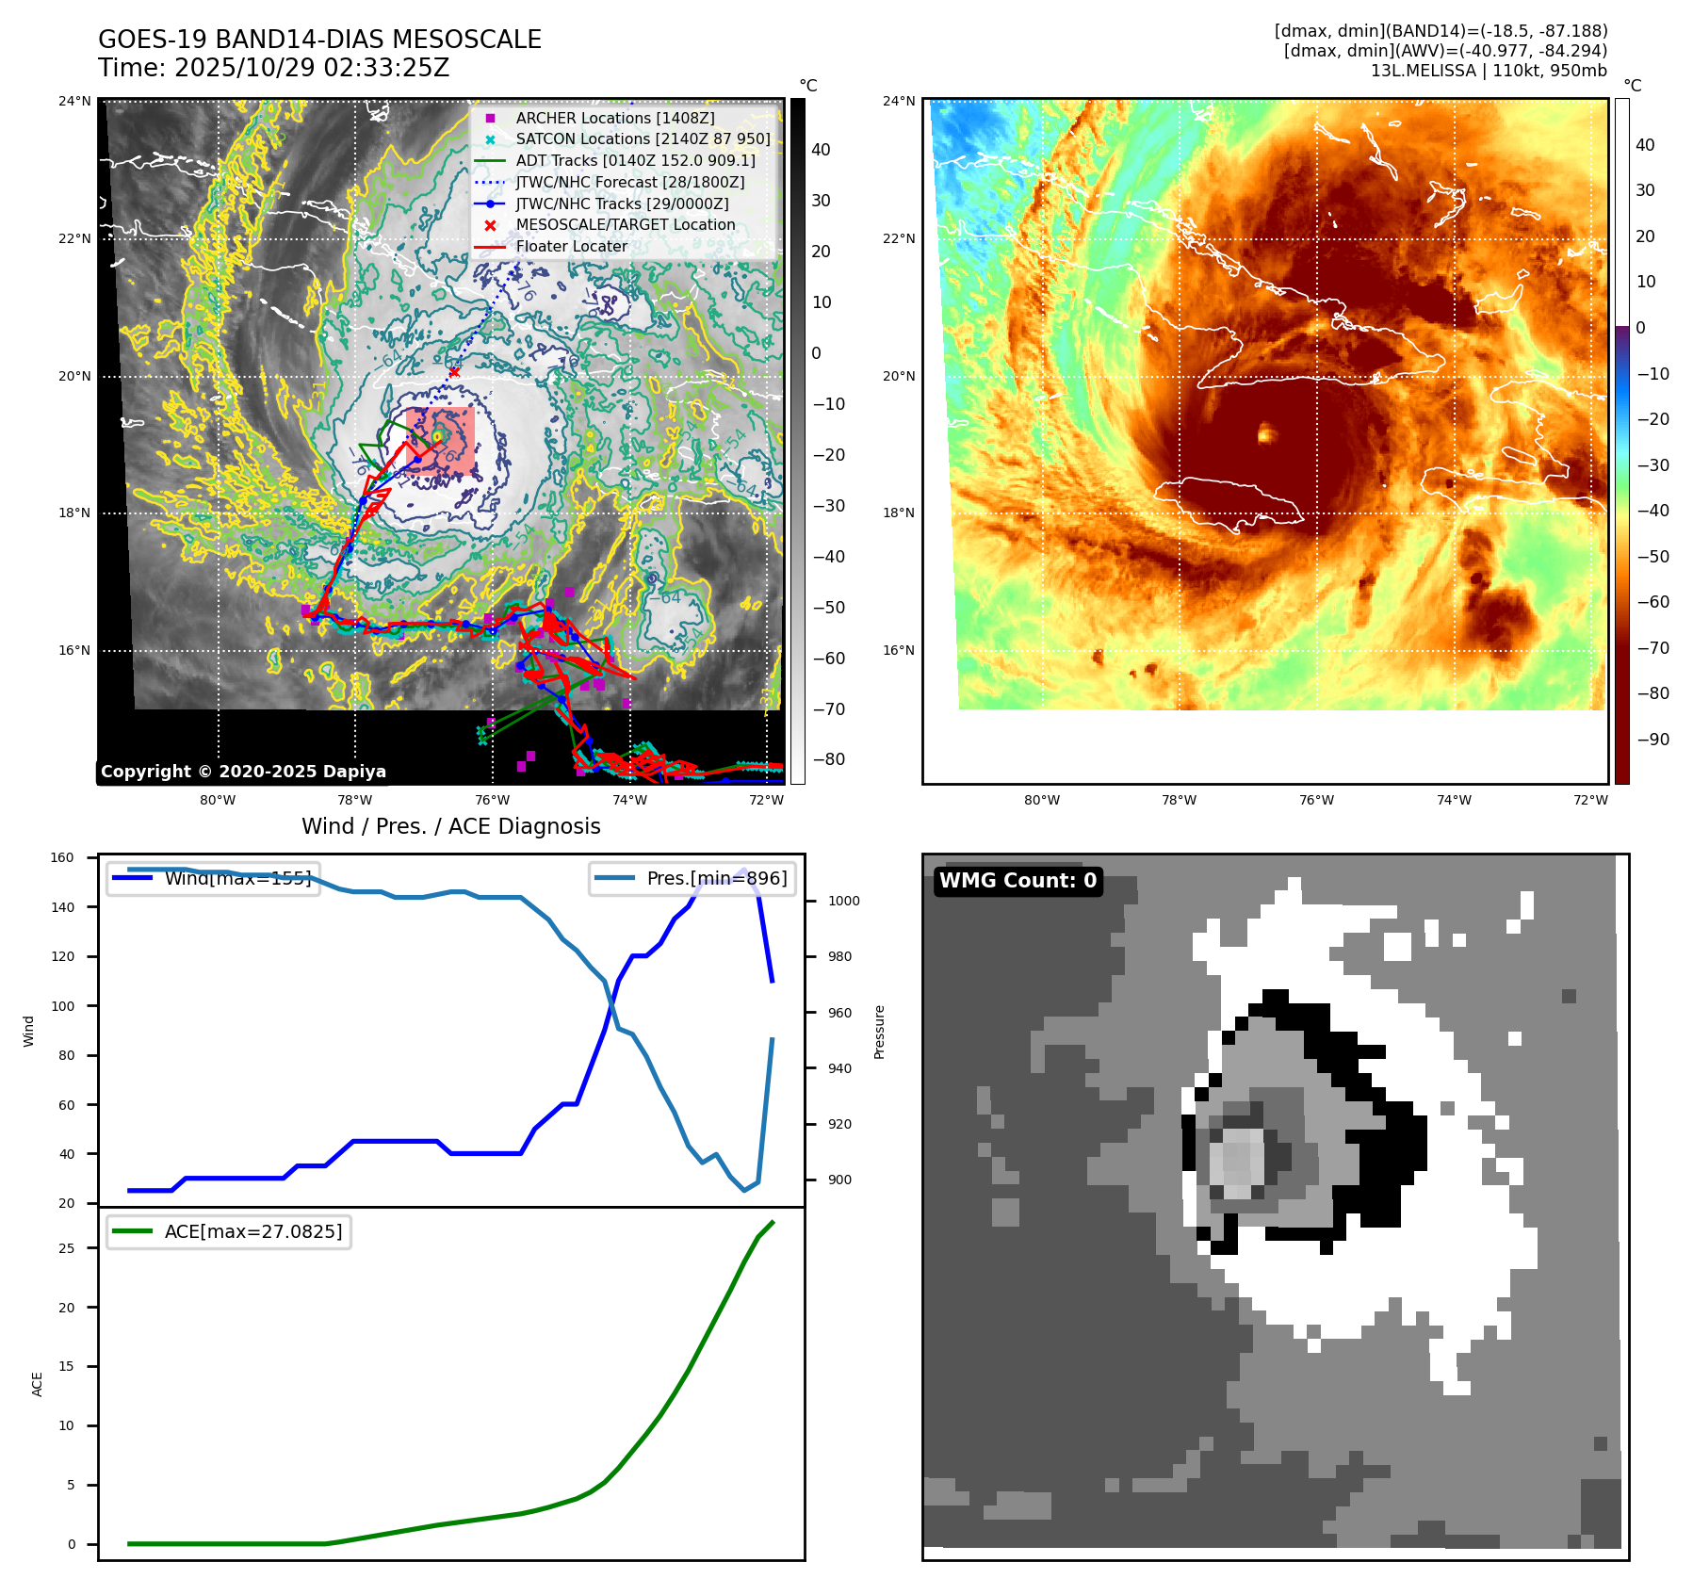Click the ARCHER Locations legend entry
(614, 118)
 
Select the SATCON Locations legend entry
(643, 138)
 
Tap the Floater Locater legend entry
(571, 246)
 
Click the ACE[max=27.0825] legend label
(253, 1231)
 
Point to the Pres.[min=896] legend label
(716, 878)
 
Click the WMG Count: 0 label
(1017, 880)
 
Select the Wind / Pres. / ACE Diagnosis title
(450, 826)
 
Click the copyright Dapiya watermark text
(243, 772)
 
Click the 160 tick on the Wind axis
(62, 857)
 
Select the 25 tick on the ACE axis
(67, 1248)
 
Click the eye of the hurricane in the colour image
(1265, 433)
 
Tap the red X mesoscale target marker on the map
(454, 372)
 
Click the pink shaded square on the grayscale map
(441, 441)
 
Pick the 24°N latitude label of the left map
(75, 101)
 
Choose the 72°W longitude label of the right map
(1590, 800)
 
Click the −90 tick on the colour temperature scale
(1652, 739)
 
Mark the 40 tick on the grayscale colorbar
(821, 150)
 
